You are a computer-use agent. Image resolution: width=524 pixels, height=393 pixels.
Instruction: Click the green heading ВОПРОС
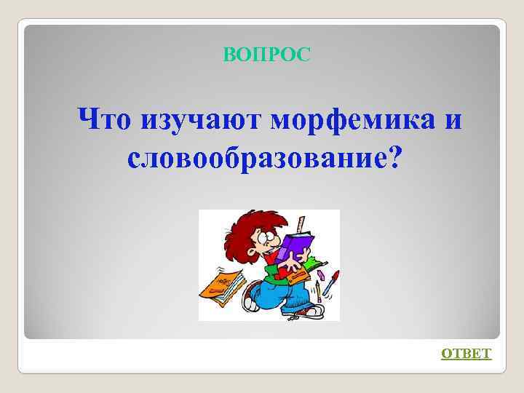266,54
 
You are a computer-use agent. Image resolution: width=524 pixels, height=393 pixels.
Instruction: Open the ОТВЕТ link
467,354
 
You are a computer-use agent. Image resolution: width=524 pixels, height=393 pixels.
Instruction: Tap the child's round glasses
264,237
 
